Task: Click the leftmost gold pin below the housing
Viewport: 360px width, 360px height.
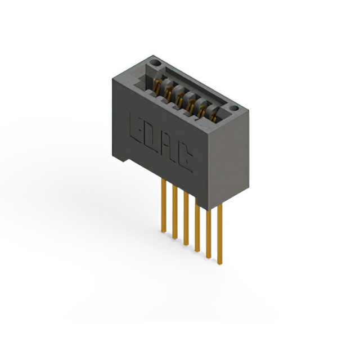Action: (x=164, y=206)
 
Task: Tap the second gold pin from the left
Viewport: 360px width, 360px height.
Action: (x=175, y=212)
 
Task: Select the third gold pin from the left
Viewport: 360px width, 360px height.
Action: (x=186, y=219)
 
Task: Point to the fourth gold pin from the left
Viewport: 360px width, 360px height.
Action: (x=197, y=225)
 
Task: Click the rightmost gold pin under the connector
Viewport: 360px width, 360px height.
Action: (x=220, y=234)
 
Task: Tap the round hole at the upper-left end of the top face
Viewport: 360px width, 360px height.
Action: (x=155, y=62)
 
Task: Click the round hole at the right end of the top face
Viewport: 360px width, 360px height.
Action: (x=234, y=109)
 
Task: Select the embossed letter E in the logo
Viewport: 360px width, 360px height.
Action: (x=136, y=128)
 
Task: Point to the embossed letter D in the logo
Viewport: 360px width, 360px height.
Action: (x=152, y=138)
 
